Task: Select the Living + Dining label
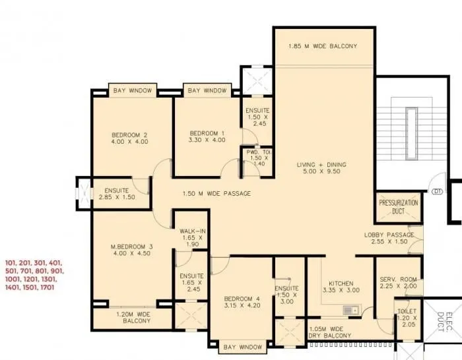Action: [x=321, y=164]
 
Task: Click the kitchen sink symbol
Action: [x=350, y=309]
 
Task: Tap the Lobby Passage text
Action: [x=389, y=235]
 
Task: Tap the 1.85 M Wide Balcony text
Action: [x=323, y=46]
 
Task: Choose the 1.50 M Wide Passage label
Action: [x=216, y=194]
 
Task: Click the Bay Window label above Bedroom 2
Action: [x=132, y=90]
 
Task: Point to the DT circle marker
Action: [x=436, y=193]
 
